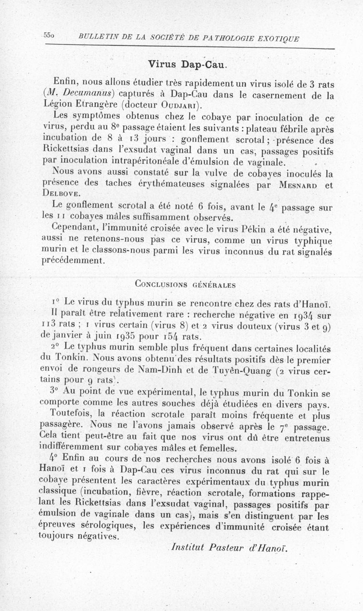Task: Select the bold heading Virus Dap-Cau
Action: pyautogui.click(x=186, y=64)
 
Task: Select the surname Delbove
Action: pyautogui.click(x=57, y=195)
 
